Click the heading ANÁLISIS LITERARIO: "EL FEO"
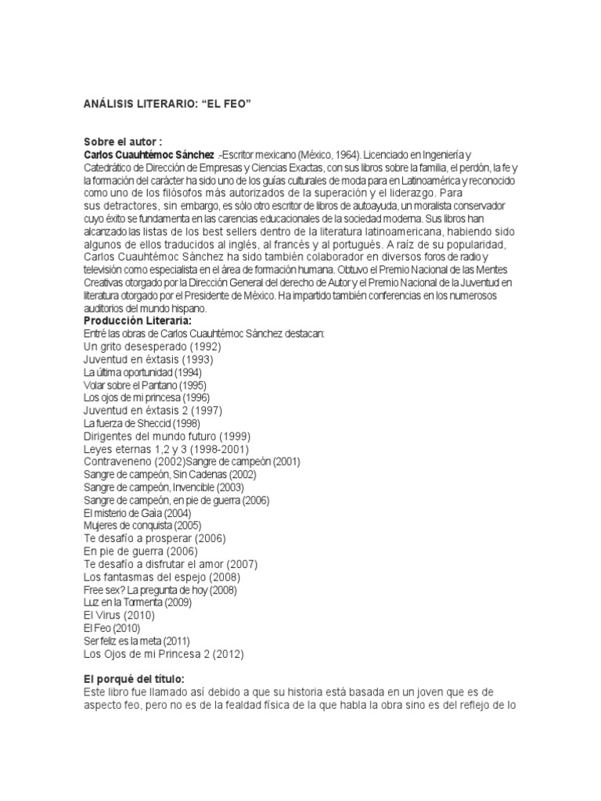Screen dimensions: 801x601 point(167,104)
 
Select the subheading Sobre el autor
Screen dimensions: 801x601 point(122,142)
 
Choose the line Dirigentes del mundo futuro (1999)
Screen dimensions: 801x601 point(167,436)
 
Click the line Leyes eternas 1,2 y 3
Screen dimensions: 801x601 point(166,449)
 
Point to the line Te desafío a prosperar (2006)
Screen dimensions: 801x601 point(154,538)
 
